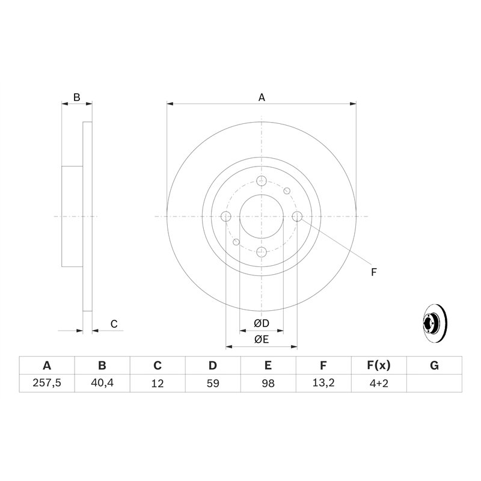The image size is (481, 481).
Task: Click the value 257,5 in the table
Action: pos(47,383)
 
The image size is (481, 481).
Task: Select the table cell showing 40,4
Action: pos(102,383)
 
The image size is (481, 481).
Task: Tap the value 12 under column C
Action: pos(158,383)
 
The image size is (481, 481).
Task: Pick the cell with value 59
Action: pos(213,383)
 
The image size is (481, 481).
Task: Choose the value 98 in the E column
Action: pos(268,383)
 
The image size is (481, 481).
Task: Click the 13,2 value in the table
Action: pos(323,383)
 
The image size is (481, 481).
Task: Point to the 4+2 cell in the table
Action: pos(379,383)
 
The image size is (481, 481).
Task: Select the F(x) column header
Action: pos(379,366)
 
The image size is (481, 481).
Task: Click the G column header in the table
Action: pos(434,366)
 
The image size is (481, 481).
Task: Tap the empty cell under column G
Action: pos(434,383)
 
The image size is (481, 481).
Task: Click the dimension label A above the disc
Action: pos(262,97)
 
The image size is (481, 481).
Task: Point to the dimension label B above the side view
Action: pos(76,97)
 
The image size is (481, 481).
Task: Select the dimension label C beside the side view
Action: pos(114,325)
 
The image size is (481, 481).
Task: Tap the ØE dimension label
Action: pos(261,340)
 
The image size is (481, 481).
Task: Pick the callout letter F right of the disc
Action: pos(373,272)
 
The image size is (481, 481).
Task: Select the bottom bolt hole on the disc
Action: pos(262,252)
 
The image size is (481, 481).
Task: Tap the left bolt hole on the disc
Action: pos(226,216)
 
